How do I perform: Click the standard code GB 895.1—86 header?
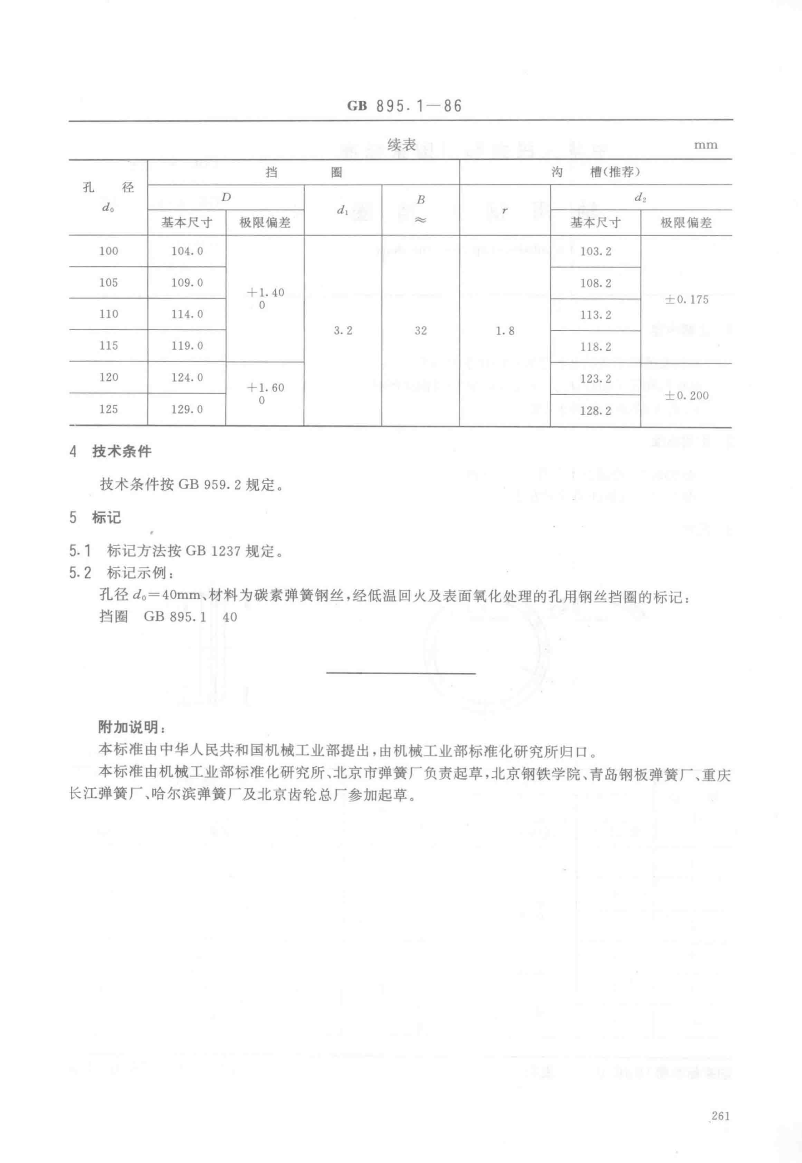coord(404,106)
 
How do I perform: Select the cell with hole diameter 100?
coord(109,251)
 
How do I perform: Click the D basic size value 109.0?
coord(187,283)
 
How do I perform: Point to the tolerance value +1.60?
coord(265,388)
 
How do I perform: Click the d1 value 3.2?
coord(343,330)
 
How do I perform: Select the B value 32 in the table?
coord(421,330)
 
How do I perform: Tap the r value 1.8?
coord(505,331)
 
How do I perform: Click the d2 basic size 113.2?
coord(595,315)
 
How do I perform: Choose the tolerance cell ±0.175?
coord(687,299)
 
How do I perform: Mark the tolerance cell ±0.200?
coord(687,396)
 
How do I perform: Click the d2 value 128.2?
coord(595,411)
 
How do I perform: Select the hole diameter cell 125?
coord(109,409)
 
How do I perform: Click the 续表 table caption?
coord(401,145)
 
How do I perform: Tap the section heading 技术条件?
coord(122,451)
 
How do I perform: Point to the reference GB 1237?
coord(213,552)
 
